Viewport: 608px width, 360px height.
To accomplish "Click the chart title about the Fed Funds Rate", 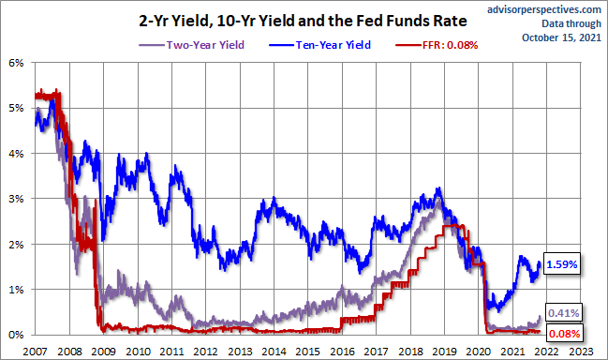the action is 303,21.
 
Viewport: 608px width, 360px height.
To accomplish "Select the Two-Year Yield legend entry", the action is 191,45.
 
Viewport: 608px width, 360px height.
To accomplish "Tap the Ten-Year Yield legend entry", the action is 319,45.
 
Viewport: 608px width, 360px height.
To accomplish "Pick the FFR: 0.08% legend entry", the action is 437,45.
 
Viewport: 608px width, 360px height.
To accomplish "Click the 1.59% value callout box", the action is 562,264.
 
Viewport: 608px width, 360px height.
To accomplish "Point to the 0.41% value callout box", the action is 563,313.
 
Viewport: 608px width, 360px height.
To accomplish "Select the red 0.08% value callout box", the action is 564,334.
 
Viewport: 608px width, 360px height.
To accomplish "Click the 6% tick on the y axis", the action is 16,63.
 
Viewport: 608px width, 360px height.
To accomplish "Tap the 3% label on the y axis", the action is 16,199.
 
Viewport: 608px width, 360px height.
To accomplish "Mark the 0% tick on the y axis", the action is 16,335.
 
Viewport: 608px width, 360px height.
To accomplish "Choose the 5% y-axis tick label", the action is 16,108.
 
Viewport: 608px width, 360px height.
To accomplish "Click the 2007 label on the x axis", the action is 36,352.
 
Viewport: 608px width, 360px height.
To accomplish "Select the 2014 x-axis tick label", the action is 274,352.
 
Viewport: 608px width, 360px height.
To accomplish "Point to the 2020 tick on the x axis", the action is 479,352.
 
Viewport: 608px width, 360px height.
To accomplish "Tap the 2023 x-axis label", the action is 581,352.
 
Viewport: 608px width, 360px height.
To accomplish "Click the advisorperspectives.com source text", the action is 544,9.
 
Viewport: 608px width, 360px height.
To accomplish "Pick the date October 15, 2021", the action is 561,37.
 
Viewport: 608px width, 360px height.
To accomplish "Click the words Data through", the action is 571,23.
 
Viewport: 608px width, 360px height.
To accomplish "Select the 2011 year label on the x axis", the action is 171,352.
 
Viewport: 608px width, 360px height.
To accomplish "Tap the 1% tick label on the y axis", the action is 16,290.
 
